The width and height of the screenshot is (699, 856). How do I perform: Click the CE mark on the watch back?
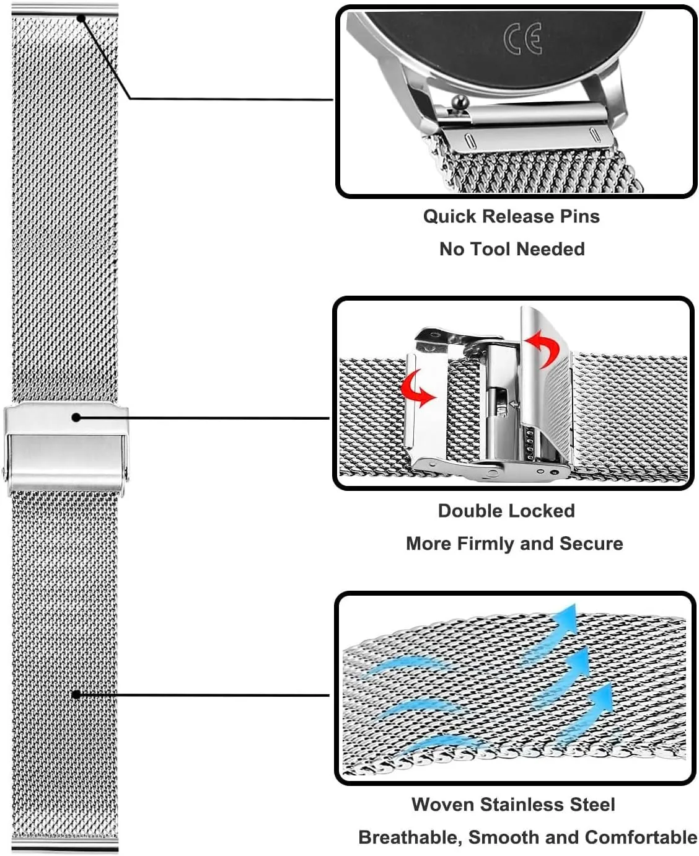522,38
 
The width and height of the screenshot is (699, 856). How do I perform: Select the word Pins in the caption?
579,216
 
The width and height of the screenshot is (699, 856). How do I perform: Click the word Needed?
551,249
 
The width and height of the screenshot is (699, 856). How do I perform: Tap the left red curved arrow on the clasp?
417,389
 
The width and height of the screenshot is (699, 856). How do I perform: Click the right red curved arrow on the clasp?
543,347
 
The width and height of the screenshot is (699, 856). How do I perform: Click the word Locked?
542,511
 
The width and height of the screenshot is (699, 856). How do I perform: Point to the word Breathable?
410,837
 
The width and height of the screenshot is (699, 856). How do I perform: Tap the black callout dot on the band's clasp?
76,418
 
